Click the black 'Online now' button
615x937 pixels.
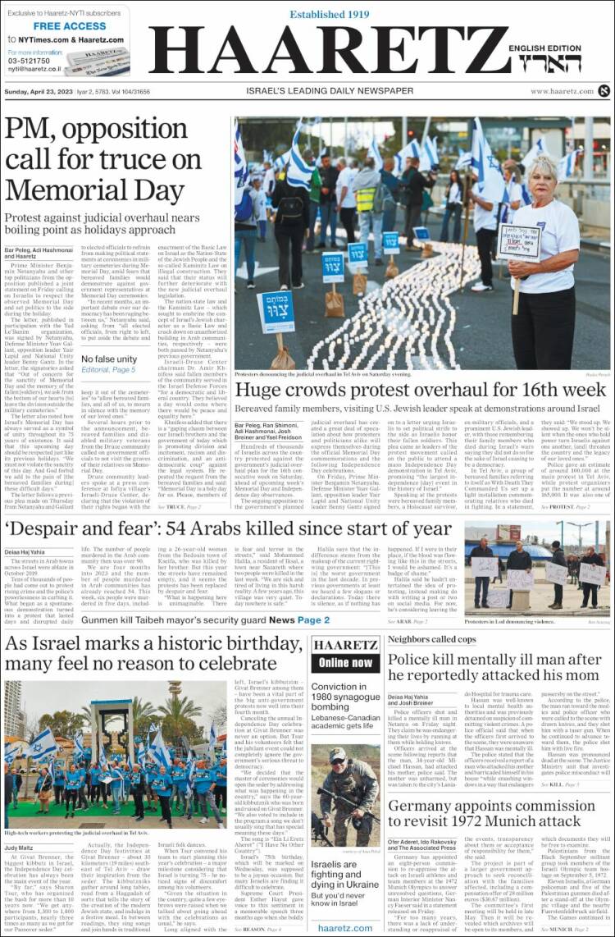click(x=345, y=662)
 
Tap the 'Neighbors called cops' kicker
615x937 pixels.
click(x=431, y=639)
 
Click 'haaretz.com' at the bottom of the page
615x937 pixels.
click(x=345, y=928)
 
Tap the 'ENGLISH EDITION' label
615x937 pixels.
click(x=560, y=48)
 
